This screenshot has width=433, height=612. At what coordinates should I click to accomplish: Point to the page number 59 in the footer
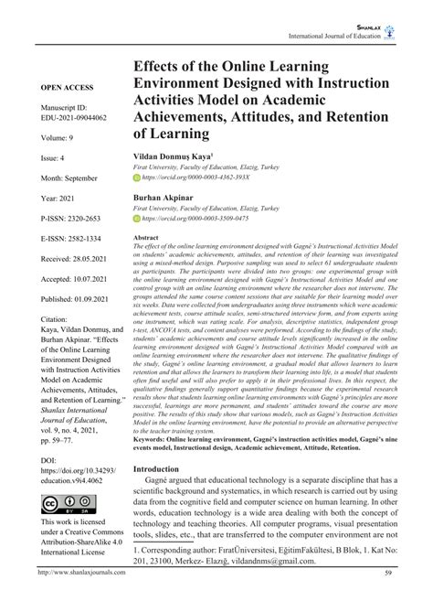[388, 600]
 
